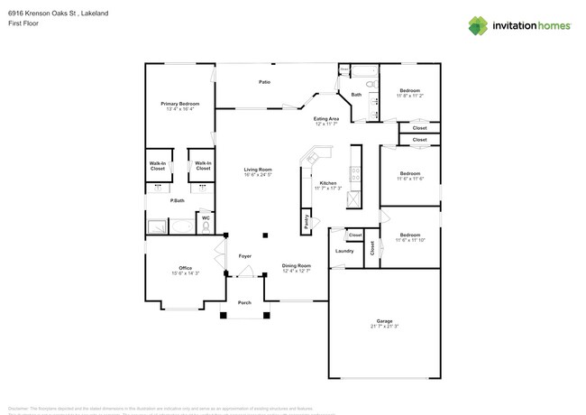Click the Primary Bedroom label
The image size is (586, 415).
pos(180,105)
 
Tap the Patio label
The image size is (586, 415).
pos(264,82)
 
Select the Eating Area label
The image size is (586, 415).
pos(325,119)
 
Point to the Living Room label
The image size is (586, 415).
pos(258,170)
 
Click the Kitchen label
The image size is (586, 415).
pos(327,183)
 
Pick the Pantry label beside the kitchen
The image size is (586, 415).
pos(307,222)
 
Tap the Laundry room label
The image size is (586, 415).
pos(343,251)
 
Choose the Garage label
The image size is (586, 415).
pos(385,321)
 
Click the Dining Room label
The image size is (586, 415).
pos(296,265)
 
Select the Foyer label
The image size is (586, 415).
pos(244,257)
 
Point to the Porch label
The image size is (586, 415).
pos(244,302)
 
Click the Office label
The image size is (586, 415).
pos(185,268)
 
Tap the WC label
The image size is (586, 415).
pos(206,217)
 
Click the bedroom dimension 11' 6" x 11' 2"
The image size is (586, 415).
pos(409,96)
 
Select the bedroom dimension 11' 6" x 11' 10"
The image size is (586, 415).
pos(409,240)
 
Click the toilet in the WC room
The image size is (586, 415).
pos(206,228)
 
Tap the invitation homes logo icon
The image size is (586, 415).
pos(478,25)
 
